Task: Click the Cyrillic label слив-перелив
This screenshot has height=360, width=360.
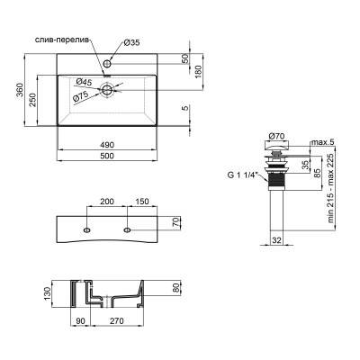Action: [59, 42]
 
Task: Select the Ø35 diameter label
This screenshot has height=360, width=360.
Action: [131, 42]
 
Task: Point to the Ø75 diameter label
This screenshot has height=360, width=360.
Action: [80, 96]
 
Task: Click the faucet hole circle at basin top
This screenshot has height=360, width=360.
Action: [107, 64]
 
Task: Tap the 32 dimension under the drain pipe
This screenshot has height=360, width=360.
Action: [276, 240]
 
